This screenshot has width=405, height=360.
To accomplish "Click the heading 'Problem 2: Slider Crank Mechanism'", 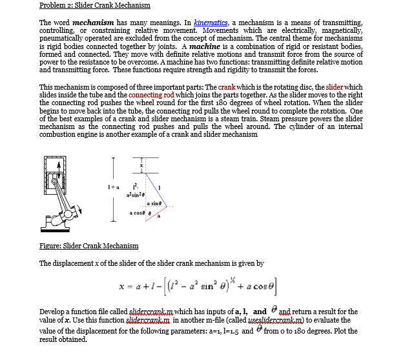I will point(94,5).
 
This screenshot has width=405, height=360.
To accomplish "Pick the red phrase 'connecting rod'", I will point(154,94).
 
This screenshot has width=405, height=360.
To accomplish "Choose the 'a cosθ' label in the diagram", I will point(140,212).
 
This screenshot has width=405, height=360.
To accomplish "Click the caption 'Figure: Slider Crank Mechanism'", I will point(88,246).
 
